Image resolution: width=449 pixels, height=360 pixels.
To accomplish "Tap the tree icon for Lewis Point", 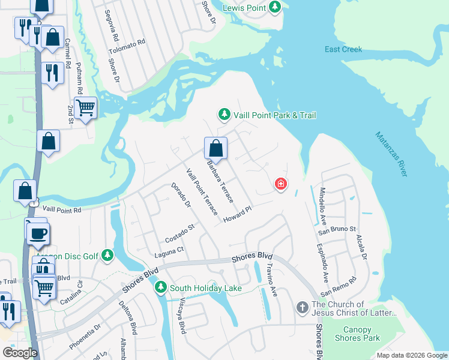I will point(275,8).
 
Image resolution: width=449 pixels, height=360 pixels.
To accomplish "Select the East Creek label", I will point(343,49).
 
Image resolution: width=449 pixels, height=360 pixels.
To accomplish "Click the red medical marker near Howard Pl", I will point(280,184).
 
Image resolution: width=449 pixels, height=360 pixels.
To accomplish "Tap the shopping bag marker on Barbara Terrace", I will point(215,148).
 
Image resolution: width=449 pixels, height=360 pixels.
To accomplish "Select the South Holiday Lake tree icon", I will point(160,289).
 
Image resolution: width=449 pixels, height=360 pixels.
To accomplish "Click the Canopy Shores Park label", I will point(357,334).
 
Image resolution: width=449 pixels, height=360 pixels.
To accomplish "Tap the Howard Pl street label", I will point(237,215).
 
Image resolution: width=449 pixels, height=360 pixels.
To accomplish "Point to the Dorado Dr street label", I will point(180,196).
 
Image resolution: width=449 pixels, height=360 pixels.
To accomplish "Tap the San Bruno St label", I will point(337,229).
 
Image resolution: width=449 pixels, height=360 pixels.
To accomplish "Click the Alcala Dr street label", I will point(361,247).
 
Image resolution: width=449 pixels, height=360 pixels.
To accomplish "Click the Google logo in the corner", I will point(19,353).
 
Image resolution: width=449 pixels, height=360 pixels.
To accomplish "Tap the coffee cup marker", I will point(39,233).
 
